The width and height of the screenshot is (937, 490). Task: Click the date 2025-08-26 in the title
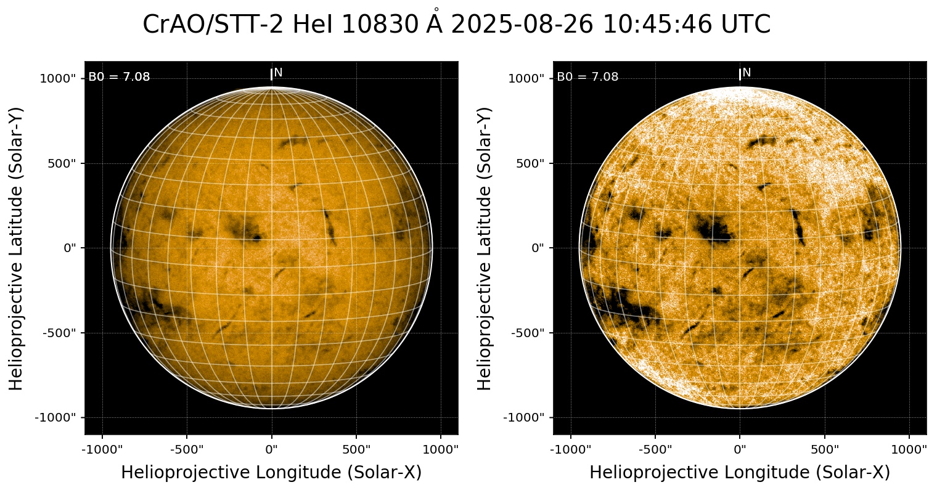click(x=523, y=25)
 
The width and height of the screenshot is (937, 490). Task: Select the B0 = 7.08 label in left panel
click(x=119, y=77)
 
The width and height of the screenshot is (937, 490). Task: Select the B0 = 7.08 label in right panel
click(x=587, y=77)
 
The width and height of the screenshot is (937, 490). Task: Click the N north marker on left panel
click(x=278, y=73)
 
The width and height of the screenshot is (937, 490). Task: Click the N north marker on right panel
click(x=747, y=73)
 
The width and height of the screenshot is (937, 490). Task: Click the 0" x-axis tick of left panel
click(x=272, y=449)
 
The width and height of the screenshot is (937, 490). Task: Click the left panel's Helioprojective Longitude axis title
click(x=271, y=473)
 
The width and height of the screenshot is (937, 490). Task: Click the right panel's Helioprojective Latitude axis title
click(x=485, y=248)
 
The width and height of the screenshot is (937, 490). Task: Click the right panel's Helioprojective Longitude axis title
click(x=740, y=473)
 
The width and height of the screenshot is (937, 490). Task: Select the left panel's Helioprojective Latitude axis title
click(x=17, y=248)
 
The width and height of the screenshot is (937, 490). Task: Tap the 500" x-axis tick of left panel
click(x=357, y=449)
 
